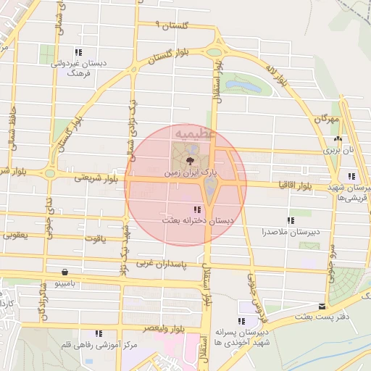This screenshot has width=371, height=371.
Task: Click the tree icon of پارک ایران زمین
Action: click(190, 160)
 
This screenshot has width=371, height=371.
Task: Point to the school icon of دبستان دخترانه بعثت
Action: click(198, 209)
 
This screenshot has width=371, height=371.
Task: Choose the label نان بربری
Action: click(338, 151)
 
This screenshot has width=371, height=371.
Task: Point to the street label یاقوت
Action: click(94, 237)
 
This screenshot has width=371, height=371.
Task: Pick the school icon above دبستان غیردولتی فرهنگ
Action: click(78, 52)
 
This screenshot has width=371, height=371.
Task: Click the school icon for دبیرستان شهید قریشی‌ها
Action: click(351, 176)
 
